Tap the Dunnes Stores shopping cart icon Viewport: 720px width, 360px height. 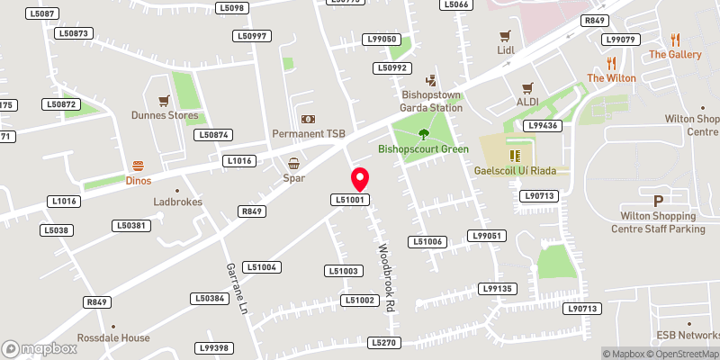pos(163,100)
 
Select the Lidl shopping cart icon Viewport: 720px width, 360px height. pos(505,36)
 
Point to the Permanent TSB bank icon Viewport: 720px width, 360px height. pos(308,119)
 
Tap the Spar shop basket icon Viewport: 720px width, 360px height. pos(294,163)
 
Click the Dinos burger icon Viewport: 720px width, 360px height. pos(139,165)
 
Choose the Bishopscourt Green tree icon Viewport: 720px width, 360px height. pos(424,134)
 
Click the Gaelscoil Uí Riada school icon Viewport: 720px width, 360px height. pos(515,156)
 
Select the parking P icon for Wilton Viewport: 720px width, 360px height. pos(658,201)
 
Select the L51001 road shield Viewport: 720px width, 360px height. pos(350,200)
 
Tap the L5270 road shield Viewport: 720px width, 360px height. pos(384,343)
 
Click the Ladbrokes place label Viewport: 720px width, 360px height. pos(176,202)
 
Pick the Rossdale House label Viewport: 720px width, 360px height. pos(113,337)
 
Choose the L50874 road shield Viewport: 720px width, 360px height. pos(214,135)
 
